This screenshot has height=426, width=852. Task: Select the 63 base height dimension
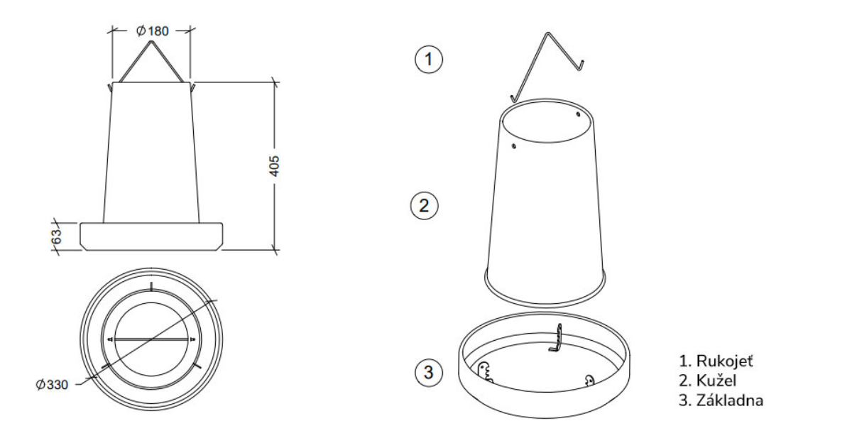click(x=57, y=236)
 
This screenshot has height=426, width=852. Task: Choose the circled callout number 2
click(x=425, y=206)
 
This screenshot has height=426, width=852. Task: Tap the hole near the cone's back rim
click(x=578, y=114)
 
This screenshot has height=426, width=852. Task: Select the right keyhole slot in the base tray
click(x=588, y=379)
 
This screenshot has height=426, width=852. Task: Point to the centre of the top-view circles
click(x=151, y=340)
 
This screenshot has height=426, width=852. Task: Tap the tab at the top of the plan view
click(x=151, y=285)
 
